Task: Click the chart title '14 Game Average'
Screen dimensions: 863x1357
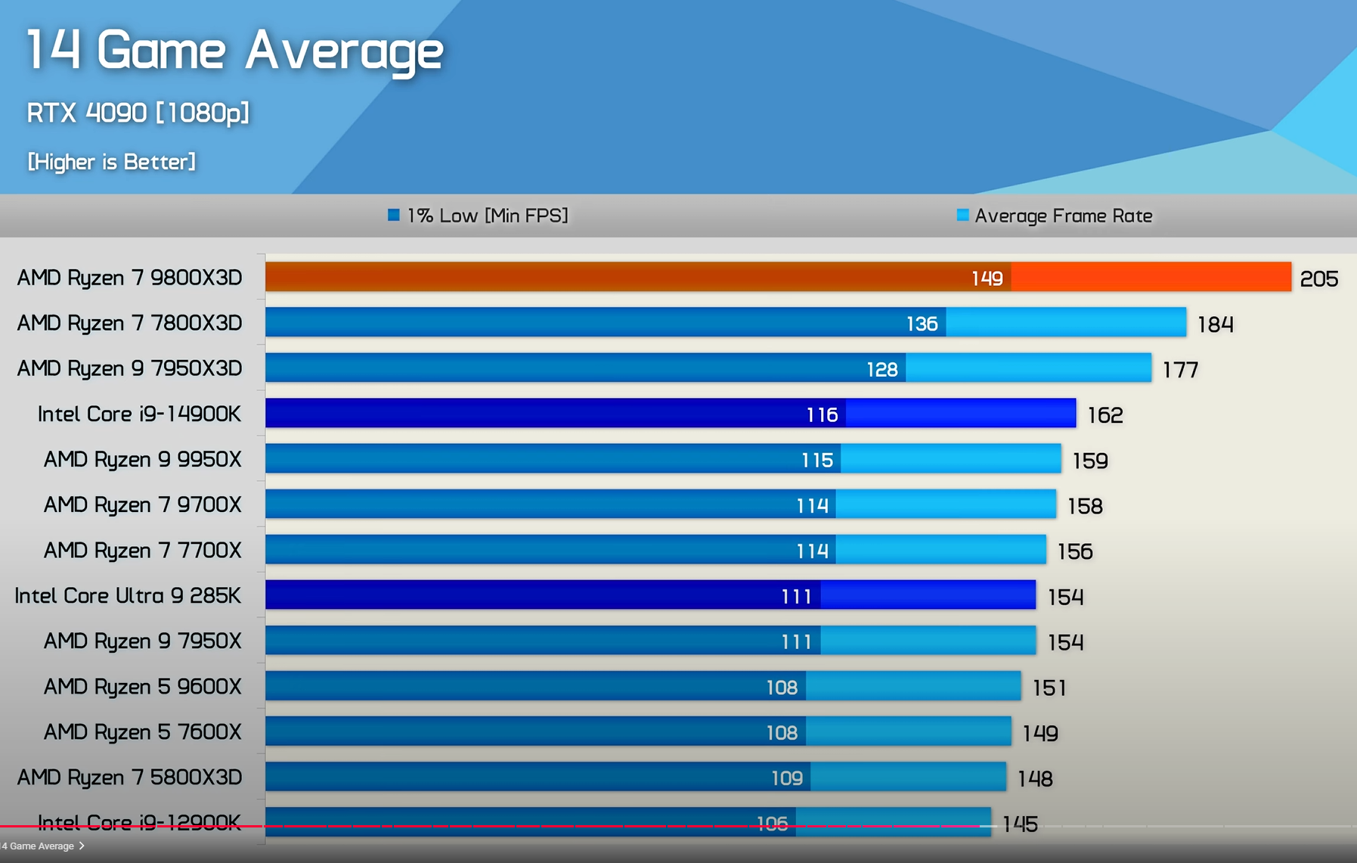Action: tap(234, 50)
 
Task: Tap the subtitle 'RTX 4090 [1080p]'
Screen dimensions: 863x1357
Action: tap(138, 113)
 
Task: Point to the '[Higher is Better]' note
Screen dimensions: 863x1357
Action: tap(112, 162)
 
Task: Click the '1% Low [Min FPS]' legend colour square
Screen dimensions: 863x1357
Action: tap(393, 216)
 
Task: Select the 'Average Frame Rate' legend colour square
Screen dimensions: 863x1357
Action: tap(962, 216)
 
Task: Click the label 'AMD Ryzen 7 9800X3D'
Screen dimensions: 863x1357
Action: tap(129, 278)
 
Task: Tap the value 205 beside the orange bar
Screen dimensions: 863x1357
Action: tap(1318, 279)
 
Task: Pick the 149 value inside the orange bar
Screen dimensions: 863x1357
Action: tap(987, 278)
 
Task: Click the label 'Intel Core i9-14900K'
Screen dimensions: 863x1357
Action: tap(139, 414)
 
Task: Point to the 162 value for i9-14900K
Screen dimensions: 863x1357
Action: tap(1104, 415)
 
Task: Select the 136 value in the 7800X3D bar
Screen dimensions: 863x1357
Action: tap(922, 324)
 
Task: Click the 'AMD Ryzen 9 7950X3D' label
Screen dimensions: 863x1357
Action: tap(129, 368)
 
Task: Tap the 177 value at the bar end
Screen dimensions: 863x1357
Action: tap(1180, 370)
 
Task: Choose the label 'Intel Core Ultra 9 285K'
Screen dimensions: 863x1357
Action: tap(128, 595)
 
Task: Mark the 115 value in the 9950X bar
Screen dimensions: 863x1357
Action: tap(816, 460)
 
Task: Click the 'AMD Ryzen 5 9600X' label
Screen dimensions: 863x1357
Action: tap(142, 686)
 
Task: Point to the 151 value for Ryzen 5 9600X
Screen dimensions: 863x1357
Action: tap(1049, 688)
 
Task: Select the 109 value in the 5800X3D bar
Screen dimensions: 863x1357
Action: tap(786, 778)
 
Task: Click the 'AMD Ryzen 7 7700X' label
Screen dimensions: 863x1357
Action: tap(142, 550)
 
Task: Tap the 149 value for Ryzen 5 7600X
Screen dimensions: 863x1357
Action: tap(1039, 733)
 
